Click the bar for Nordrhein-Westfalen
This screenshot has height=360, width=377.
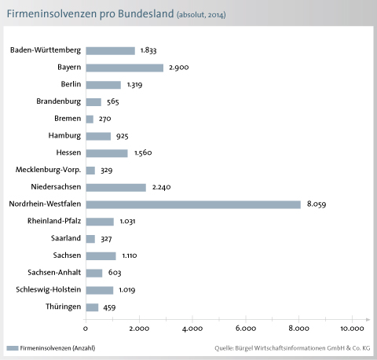(193, 204)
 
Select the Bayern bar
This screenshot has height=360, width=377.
(125, 68)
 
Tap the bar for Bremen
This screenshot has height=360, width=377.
(90, 119)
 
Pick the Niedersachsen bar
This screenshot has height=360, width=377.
(116, 188)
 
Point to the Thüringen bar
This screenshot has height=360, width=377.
(92, 307)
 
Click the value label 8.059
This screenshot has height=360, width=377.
(317, 204)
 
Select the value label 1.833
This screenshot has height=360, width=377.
(148, 50)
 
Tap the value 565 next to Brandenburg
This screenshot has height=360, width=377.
(113, 101)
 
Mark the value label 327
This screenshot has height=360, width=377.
(106, 239)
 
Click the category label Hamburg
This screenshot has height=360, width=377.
(64, 136)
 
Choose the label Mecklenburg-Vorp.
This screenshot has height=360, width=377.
(48, 170)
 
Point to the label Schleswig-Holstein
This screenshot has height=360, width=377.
(49, 290)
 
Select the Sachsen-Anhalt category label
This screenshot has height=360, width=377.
(54, 273)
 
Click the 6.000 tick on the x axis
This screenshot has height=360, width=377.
(246, 329)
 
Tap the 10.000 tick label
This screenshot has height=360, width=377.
(352, 329)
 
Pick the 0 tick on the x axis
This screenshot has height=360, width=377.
(86, 329)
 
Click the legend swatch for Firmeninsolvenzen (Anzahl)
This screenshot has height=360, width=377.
(13, 348)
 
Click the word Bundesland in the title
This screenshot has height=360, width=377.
(146, 14)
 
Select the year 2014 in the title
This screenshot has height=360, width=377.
(217, 15)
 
